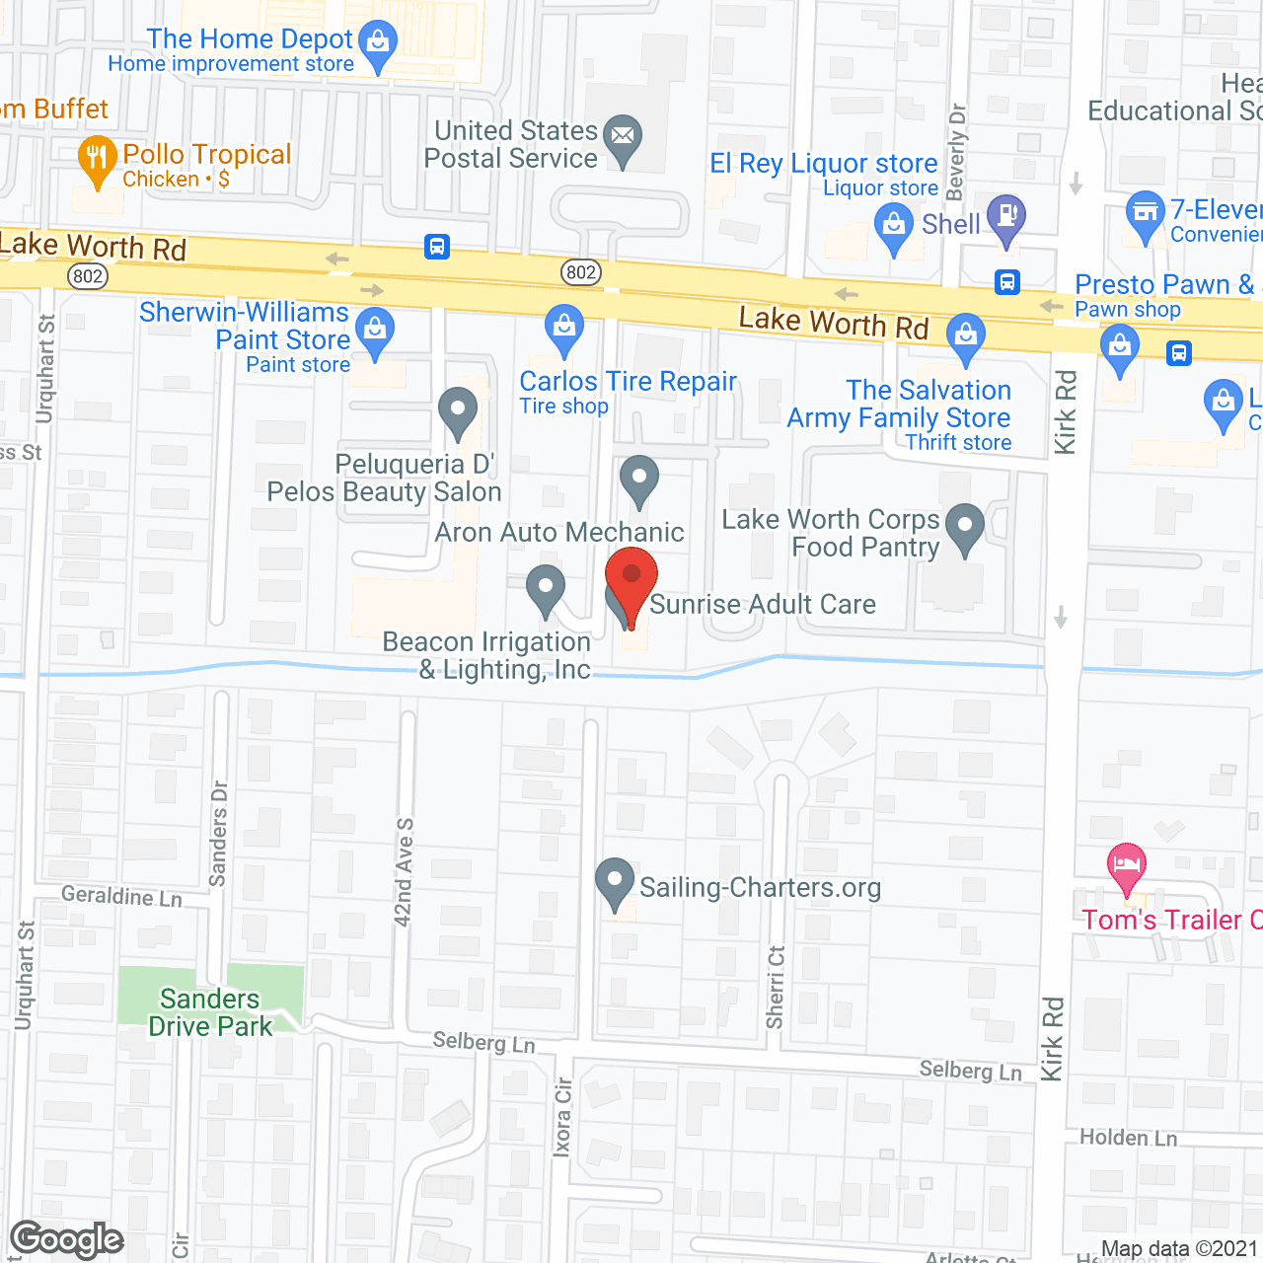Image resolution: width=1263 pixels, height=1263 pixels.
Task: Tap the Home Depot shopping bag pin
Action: [x=377, y=43]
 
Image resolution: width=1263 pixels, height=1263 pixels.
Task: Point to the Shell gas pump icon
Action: [x=1006, y=217]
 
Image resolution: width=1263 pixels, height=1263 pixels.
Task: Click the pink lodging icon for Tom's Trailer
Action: [x=1127, y=866]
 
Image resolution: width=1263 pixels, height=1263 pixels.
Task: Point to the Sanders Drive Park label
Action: [x=210, y=1013]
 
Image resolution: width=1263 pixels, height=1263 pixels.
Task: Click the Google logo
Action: [x=67, y=1239]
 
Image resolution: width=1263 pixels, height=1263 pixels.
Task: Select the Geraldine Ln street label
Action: [x=121, y=896]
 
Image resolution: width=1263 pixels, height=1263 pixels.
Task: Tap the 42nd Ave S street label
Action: [x=404, y=872]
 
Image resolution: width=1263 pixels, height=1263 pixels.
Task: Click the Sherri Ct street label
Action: [x=776, y=987]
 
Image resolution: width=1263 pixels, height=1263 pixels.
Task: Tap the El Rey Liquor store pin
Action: [x=893, y=226]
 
